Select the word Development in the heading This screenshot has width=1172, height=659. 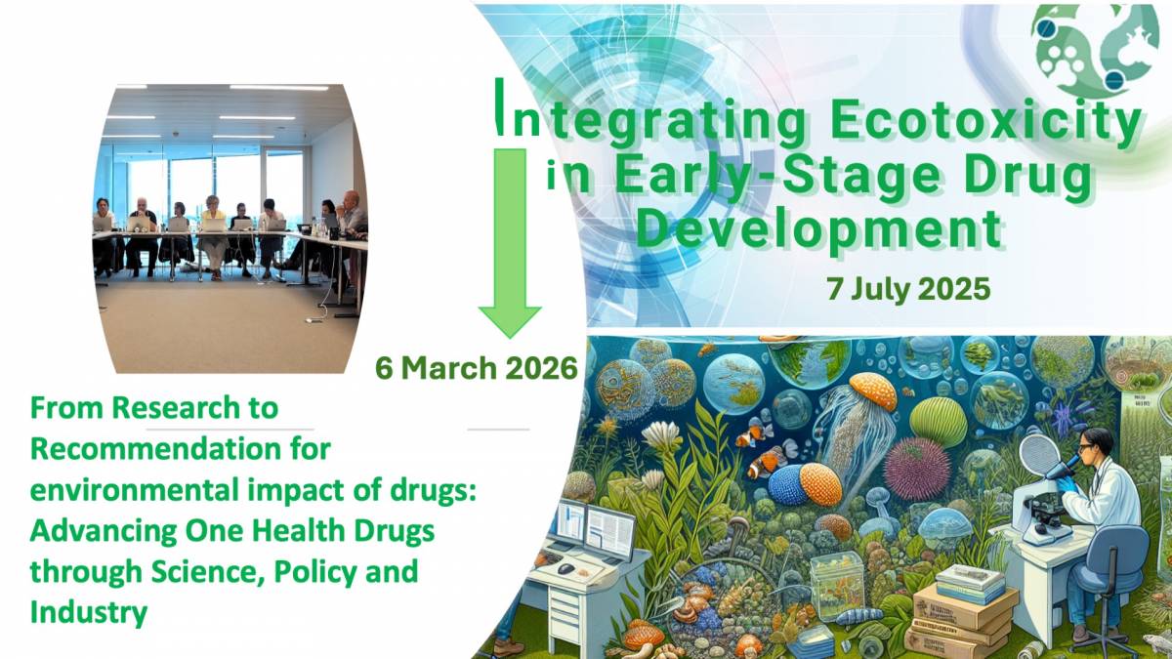(825, 227)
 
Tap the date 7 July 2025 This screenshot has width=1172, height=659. (907, 289)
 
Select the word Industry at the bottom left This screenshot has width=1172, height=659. (89, 612)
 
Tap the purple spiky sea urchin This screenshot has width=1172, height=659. (916, 468)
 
